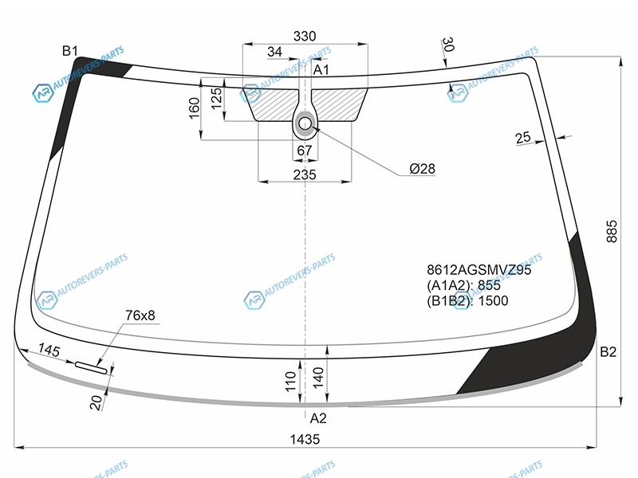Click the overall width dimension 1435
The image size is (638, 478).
tap(305, 439)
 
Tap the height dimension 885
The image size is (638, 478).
tap(612, 232)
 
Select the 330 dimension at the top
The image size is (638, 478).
tap(305, 36)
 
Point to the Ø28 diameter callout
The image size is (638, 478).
tap(422, 168)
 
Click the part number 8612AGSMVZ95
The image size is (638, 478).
tap(479, 269)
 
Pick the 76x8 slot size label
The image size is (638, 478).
tap(140, 315)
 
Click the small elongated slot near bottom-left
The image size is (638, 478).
tap(91, 367)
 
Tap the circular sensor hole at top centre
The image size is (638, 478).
tap(305, 123)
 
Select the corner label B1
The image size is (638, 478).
tap(70, 51)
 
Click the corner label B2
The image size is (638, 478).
tap(608, 351)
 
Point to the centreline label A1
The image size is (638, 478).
tap(321, 70)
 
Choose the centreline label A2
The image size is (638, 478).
tap(317, 417)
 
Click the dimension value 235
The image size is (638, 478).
tap(305, 174)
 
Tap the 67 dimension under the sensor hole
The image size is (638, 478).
tap(305, 151)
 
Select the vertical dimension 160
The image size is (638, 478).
tap(195, 108)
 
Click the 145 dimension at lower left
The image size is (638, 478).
tap(49, 350)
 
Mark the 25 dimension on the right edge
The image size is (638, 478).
tap(523, 137)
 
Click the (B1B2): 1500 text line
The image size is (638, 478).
tap(467, 301)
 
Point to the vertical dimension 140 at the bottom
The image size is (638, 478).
tap(318, 377)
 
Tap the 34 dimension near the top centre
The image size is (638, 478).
tap(274, 52)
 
